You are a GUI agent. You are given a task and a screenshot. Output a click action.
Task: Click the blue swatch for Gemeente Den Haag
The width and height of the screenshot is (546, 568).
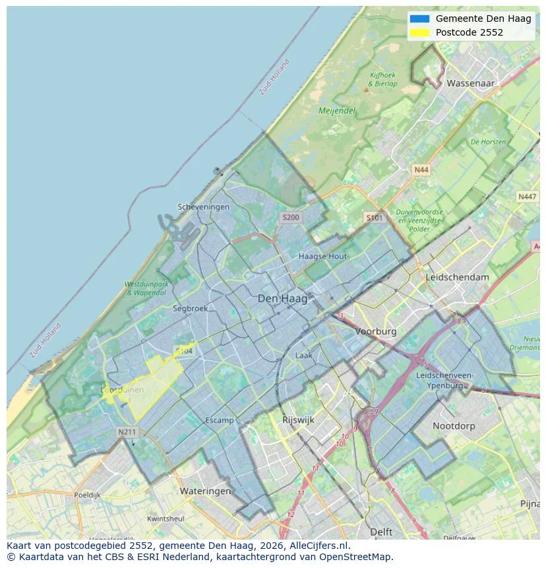tap(419, 18)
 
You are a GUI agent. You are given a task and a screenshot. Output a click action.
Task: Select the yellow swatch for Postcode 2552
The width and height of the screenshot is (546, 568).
tap(419, 32)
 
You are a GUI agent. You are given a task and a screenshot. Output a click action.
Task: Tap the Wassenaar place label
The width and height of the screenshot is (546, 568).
tap(470, 84)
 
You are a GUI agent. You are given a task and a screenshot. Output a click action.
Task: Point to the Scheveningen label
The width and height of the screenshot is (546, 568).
tap(204, 207)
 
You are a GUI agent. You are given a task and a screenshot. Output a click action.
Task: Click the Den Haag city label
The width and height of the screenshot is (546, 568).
tap(282, 299)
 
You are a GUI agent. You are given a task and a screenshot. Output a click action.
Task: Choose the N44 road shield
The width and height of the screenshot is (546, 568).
tap(421, 170)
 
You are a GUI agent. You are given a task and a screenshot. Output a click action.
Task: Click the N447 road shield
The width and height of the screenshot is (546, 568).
tap(527, 197)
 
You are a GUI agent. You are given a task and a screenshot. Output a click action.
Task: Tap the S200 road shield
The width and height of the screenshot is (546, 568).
tap(290, 217)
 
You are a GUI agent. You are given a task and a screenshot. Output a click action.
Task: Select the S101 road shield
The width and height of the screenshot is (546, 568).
tap(374, 217)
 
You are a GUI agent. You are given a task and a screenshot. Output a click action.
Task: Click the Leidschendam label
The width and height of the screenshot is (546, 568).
tap(458, 277)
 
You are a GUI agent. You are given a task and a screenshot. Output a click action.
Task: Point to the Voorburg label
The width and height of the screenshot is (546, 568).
tap(376, 332)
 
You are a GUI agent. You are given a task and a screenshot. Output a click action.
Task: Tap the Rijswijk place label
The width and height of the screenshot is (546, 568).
tap(298, 420)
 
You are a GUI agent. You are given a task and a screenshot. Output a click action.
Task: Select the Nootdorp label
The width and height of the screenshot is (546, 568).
tap(454, 426)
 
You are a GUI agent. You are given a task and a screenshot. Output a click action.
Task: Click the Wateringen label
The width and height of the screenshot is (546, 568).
tap(205, 491)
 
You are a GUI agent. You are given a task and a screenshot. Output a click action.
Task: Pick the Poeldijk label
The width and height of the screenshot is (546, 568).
tap(87, 494)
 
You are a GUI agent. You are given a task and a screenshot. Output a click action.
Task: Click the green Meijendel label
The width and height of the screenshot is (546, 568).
tap(337, 111)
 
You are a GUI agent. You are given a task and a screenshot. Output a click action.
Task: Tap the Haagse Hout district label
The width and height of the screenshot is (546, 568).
tap(322, 256)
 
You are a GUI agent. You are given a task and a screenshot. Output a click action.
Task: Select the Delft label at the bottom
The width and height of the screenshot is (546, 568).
tap(381, 532)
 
